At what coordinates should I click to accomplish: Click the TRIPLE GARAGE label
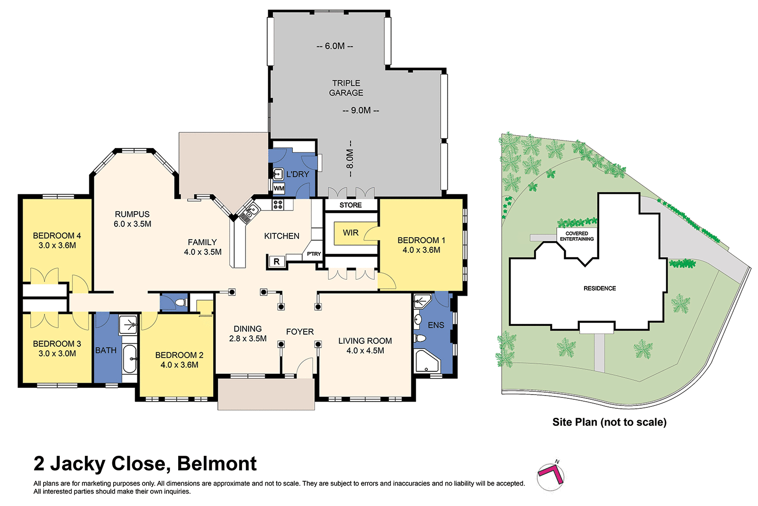click(346, 88)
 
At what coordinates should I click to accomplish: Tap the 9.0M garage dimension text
click(361, 110)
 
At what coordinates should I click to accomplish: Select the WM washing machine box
click(279, 188)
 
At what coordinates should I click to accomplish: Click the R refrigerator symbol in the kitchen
click(277, 261)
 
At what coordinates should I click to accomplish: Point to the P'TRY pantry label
click(314, 254)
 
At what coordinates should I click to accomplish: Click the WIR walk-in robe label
click(351, 233)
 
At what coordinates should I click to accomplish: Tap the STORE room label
click(351, 205)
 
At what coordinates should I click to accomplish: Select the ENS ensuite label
click(436, 325)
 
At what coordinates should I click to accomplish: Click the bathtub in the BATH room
click(129, 359)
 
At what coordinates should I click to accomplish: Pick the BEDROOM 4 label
click(57, 240)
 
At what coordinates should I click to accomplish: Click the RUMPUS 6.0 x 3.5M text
click(132, 219)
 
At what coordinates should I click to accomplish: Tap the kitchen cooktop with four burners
click(278, 204)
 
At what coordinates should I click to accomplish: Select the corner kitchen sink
click(250, 212)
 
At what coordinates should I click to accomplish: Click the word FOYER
click(300, 331)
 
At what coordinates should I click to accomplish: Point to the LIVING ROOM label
click(365, 346)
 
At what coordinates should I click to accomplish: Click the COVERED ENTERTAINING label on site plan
click(577, 236)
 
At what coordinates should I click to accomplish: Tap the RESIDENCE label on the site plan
click(600, 288)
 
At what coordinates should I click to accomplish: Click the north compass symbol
click(551, 476)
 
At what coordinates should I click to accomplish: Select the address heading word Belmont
click(217, 463)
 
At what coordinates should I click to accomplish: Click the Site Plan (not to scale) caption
click(609, 422)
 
